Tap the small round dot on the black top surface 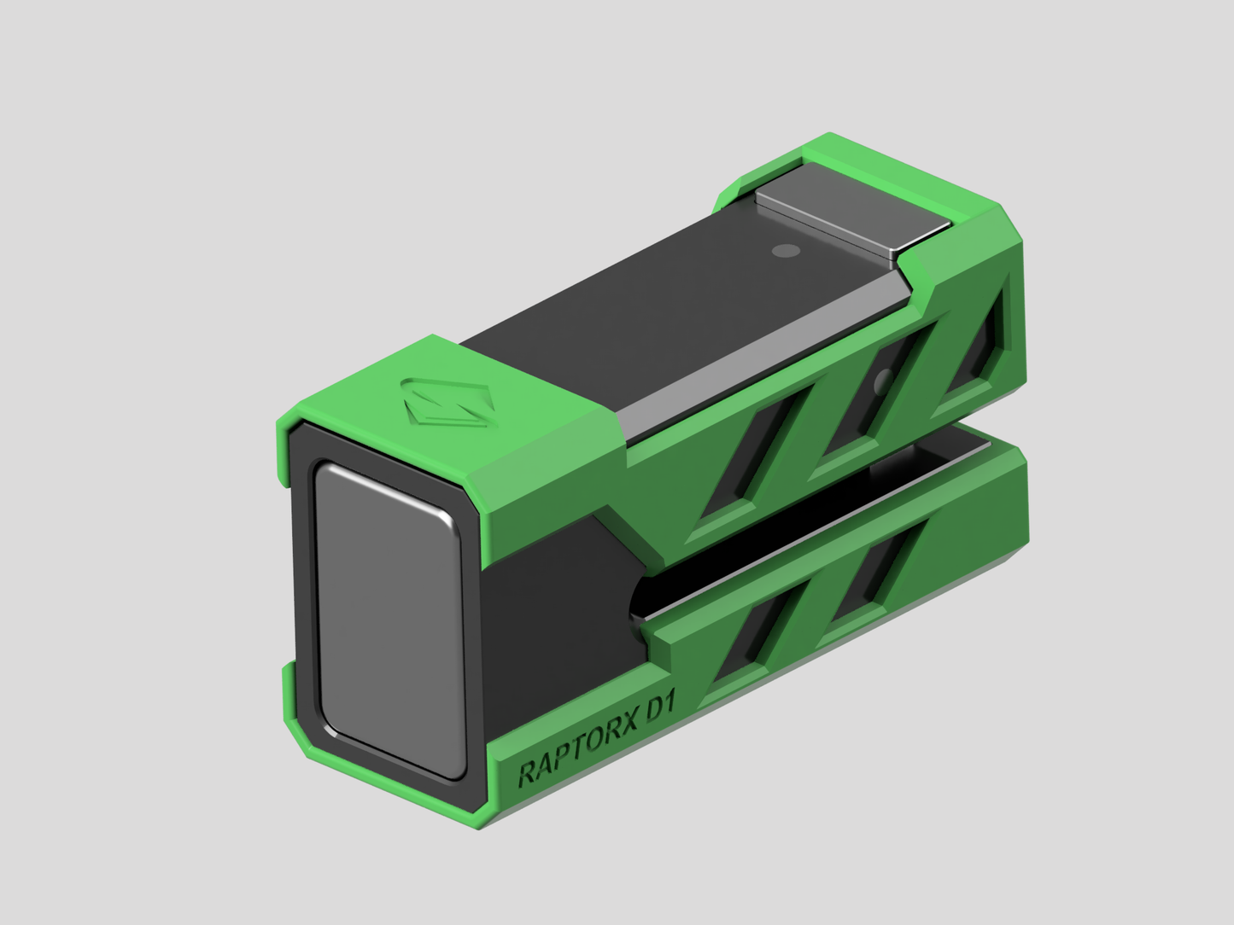point(783,251)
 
